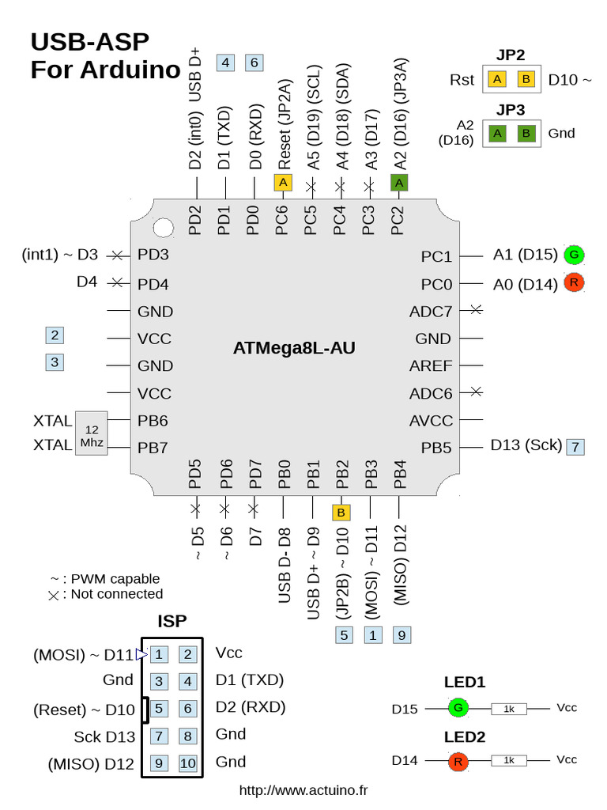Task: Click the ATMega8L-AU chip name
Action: pos(294,348)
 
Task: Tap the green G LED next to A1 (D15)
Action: pos(575,254)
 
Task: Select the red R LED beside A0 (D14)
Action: pos(575,282)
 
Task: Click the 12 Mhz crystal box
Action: pos(91,433)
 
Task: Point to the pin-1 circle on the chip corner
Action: pos(163,228)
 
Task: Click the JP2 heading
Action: pos(511,55)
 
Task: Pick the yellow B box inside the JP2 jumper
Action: pos(526,80)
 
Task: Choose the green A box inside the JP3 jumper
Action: pos(497,133)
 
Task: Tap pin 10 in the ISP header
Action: pos(187,763)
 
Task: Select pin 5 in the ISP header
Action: pos(159,709)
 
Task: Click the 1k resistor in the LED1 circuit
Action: pos(509,709)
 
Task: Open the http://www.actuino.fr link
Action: pos(303,789)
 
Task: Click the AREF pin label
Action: pos(431,366)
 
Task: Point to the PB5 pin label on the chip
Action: pos(435,448)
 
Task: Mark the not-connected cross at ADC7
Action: pos(475,311)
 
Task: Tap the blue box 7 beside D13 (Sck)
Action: pos(576,447)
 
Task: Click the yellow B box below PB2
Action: pos(341,513)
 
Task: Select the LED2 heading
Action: pos(464,737)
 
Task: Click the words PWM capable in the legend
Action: pos(115,578)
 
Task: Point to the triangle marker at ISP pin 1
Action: pos(141,654)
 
